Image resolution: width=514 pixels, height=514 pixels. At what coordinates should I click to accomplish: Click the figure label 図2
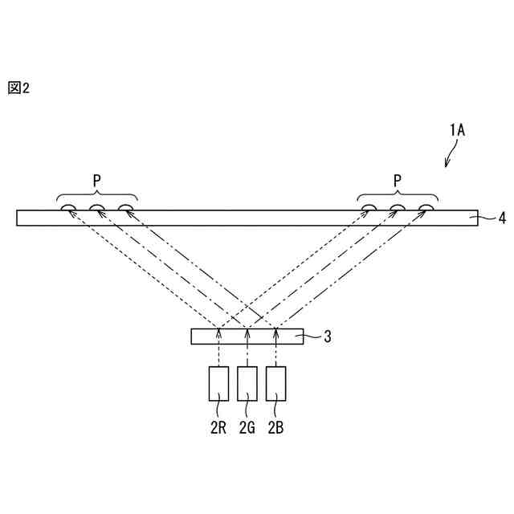[x=18, y=88]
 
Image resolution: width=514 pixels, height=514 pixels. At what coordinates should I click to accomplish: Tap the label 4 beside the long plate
[x=501, y=218]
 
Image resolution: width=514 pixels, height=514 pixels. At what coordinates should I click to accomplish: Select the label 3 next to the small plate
[x=327, y=337]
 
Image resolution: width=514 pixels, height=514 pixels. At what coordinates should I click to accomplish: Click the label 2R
[x=218, y=427]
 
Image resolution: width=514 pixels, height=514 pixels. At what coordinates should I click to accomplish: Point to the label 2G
[x=247, y=427]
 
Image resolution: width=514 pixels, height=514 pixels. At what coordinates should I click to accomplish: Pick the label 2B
[x=275, y=427]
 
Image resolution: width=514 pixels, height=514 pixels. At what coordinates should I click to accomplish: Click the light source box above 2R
[x=218, y=383]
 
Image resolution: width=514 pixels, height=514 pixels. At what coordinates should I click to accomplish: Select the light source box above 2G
[x=247, y=383]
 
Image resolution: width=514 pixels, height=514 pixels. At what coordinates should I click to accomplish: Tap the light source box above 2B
[x=276, y=383]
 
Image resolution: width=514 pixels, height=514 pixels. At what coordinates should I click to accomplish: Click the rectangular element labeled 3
[x=247, y=337]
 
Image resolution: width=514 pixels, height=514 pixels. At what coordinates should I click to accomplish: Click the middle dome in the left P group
[x=97, y=210]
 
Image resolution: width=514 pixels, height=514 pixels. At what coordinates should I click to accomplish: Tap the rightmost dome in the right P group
[x=425, y=210]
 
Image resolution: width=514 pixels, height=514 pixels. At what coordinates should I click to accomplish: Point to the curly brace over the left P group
[x=96, y=194]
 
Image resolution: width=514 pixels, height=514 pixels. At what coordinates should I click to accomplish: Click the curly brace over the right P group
[x=398, y=194]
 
